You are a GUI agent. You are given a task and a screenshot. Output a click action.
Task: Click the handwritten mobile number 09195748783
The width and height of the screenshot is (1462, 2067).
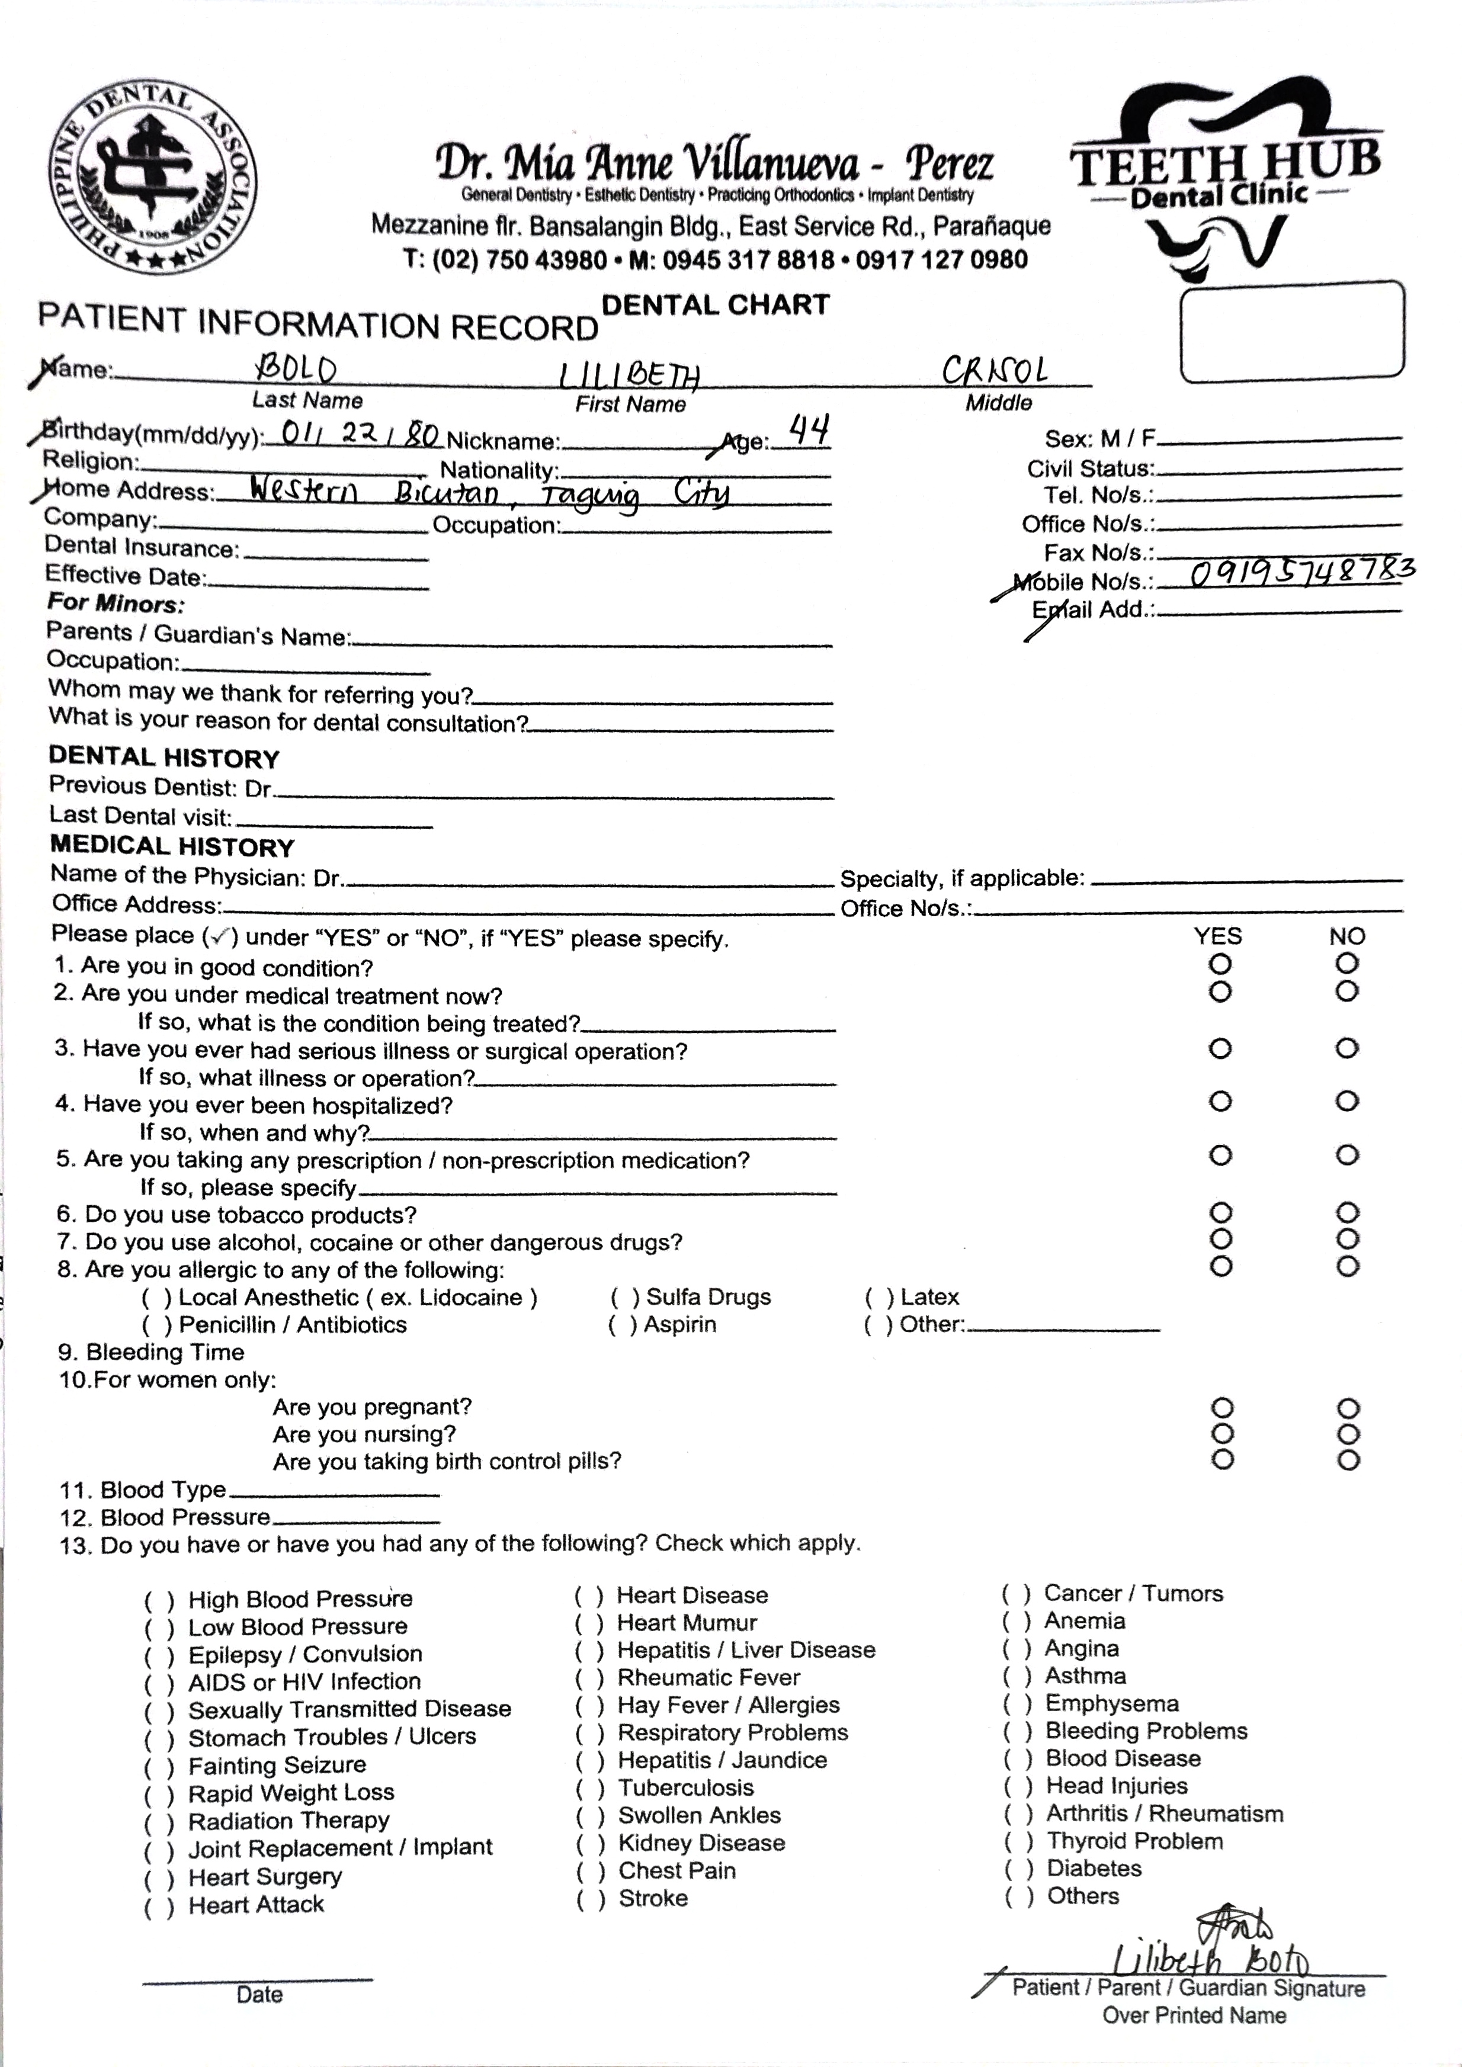1301,573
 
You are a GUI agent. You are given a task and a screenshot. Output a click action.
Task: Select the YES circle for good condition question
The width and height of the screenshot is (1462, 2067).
1220,964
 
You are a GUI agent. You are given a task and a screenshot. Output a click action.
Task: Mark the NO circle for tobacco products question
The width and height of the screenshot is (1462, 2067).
1346,1212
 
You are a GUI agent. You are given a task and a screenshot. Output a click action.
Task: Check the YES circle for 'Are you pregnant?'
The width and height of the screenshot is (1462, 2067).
1221,1407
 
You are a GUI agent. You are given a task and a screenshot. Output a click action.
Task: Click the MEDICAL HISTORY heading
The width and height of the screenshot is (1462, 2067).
172,846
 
